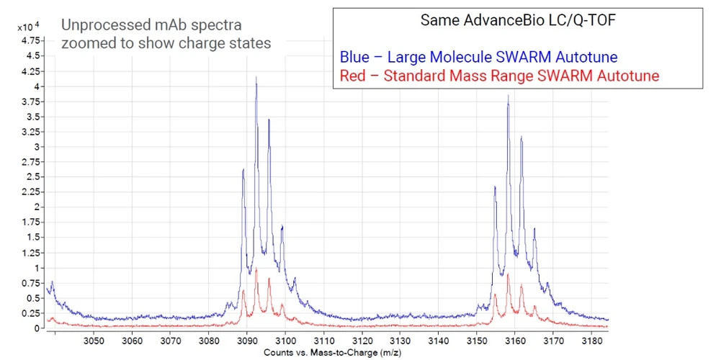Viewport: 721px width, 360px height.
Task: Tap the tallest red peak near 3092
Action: point(256,269)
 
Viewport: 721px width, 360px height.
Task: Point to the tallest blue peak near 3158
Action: point(509,96)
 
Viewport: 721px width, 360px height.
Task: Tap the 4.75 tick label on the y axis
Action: point(31,39)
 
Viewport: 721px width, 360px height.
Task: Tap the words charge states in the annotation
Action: point(224,43)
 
